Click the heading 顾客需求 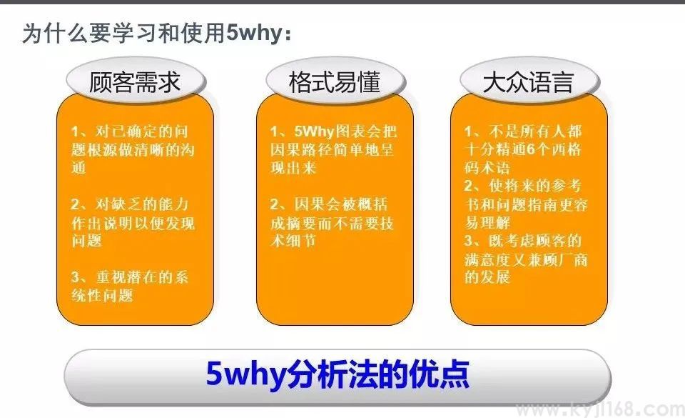pyautogui.click(x=135, y=81)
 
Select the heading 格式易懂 pyautogui.click(x=334, y=81)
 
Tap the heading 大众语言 pyautogui.click(x=527, y=81)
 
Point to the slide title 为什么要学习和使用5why pyautogui.click(x=156, y=33)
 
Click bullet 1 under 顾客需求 pyautogui.click(x=133, y=150)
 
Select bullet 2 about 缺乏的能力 pyautogui.click(x=133, y=224)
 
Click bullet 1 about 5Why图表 pyautogui.click(x=333, y=150)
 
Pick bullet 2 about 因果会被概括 pyautogui.click(x=333, y=223)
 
